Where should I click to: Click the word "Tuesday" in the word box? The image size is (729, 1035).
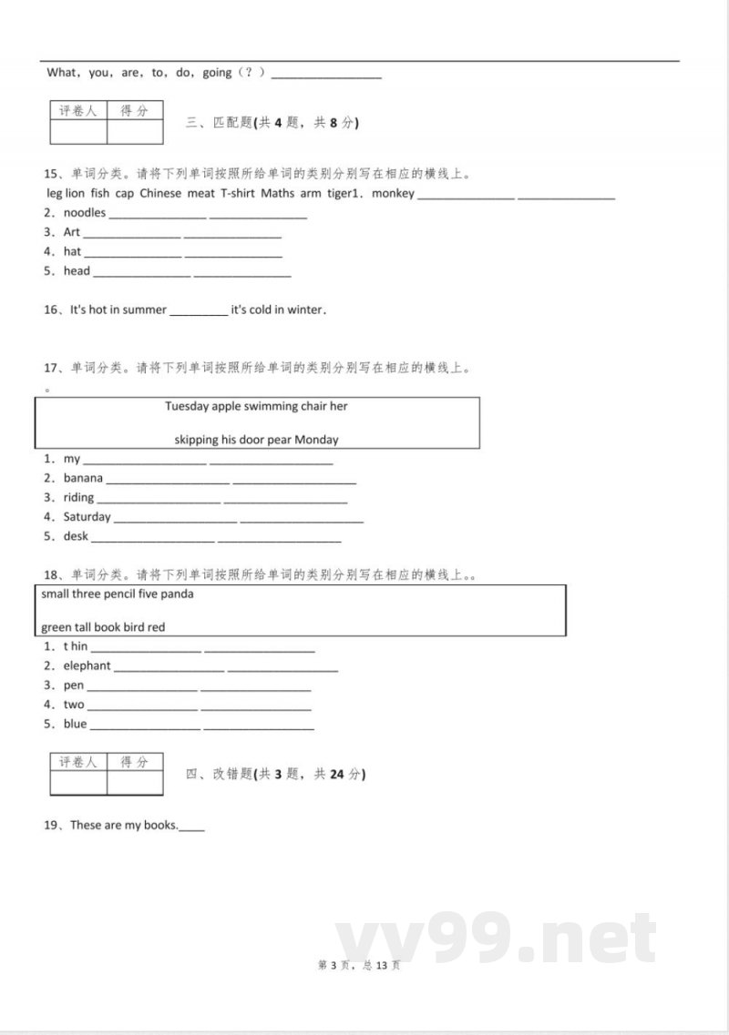(x=187, y=406)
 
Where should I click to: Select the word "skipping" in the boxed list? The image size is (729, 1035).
(x=197, y=440)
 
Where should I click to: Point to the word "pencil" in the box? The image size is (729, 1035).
(x=122, y=594)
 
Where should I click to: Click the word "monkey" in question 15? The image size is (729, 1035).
(x=394, y=193)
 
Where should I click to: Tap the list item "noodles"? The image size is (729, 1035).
(x=85, y=213)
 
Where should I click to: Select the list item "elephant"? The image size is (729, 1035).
(x=87, y=665)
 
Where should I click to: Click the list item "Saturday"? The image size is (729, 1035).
(x=87, y=517)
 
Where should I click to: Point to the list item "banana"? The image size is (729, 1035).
(x=83, y=478)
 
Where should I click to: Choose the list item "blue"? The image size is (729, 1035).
(x=76, y=725)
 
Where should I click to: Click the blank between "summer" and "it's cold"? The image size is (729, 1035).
(x=199, y=310)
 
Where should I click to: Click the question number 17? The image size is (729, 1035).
(x=51, y=369)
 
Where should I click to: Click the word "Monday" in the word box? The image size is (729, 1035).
(x=316, y=440)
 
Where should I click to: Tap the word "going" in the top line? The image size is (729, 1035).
(x=217, y=73)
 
